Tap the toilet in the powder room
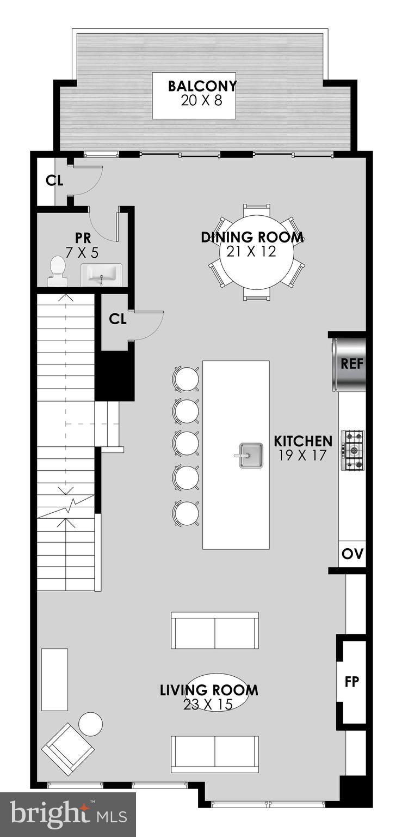pos(57,271)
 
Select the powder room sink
pos(101,274)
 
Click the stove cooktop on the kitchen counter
pos(352,450)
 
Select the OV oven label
pos(352,554)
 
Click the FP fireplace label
pos(352,681)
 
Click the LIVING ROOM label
pos(209,690)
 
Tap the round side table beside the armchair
pos(90,724)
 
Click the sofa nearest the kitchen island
pos(214,630)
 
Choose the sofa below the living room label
pos(214,754)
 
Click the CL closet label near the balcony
pos(54,181)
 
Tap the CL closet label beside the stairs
pos(117,319)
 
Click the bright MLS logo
pos(68,814)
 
